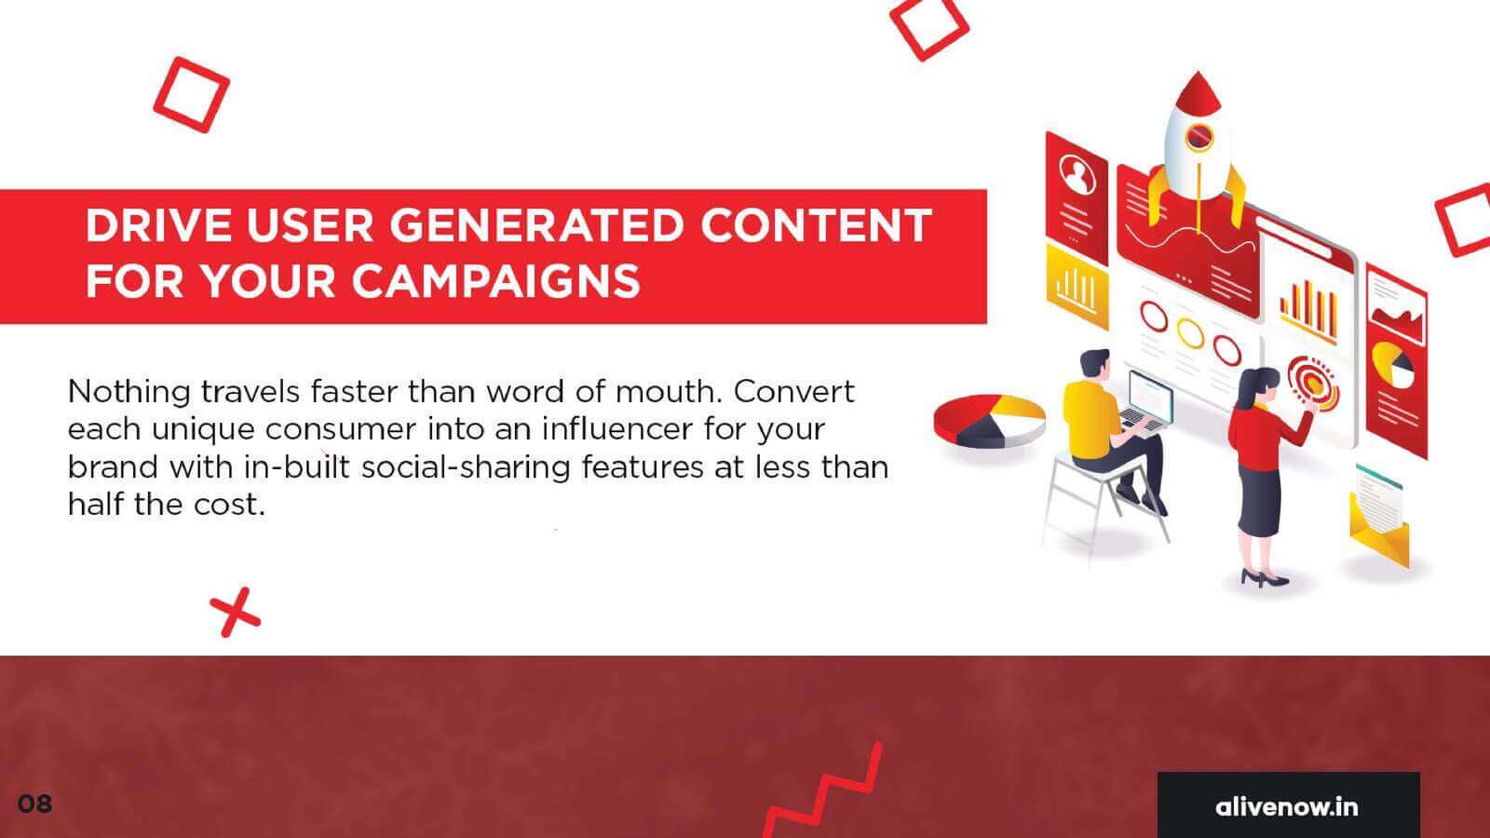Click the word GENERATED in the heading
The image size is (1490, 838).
(536, 225)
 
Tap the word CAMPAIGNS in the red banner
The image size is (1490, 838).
(495, 280)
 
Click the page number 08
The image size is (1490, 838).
(34, 804)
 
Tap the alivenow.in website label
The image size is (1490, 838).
(1286, 806)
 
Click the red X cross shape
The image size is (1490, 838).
(235, 612)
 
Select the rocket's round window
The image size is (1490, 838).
(1199, 136)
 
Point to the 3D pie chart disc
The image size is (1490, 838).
(989, 420)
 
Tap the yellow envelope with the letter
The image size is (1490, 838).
(1378, 518)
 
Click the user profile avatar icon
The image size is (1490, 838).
(1077, 174)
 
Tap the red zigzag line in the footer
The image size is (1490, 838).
(823, 791)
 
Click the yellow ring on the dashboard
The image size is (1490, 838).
(1190, 333)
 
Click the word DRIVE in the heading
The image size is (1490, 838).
(158, 225)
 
